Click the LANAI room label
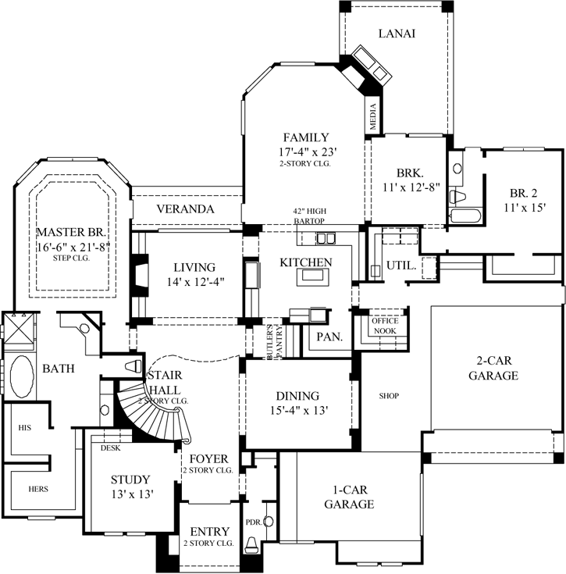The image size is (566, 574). [x=396, y=34]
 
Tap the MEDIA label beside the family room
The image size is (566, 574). [x=373, y=116]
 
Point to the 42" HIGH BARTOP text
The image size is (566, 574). [x=308, y=216]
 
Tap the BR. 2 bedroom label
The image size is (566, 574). [x=524, y=193]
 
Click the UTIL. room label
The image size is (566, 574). [x=401, y=266]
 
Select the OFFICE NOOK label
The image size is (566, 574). [x=384, y=326]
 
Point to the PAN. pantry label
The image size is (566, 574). [x=325, y=337]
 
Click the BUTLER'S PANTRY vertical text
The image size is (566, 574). [x=270, y=340]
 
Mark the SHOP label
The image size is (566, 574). [x=389, y=396]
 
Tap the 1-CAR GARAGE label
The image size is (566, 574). [x=347, y=497]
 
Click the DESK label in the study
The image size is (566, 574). [x=109, y=448]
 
